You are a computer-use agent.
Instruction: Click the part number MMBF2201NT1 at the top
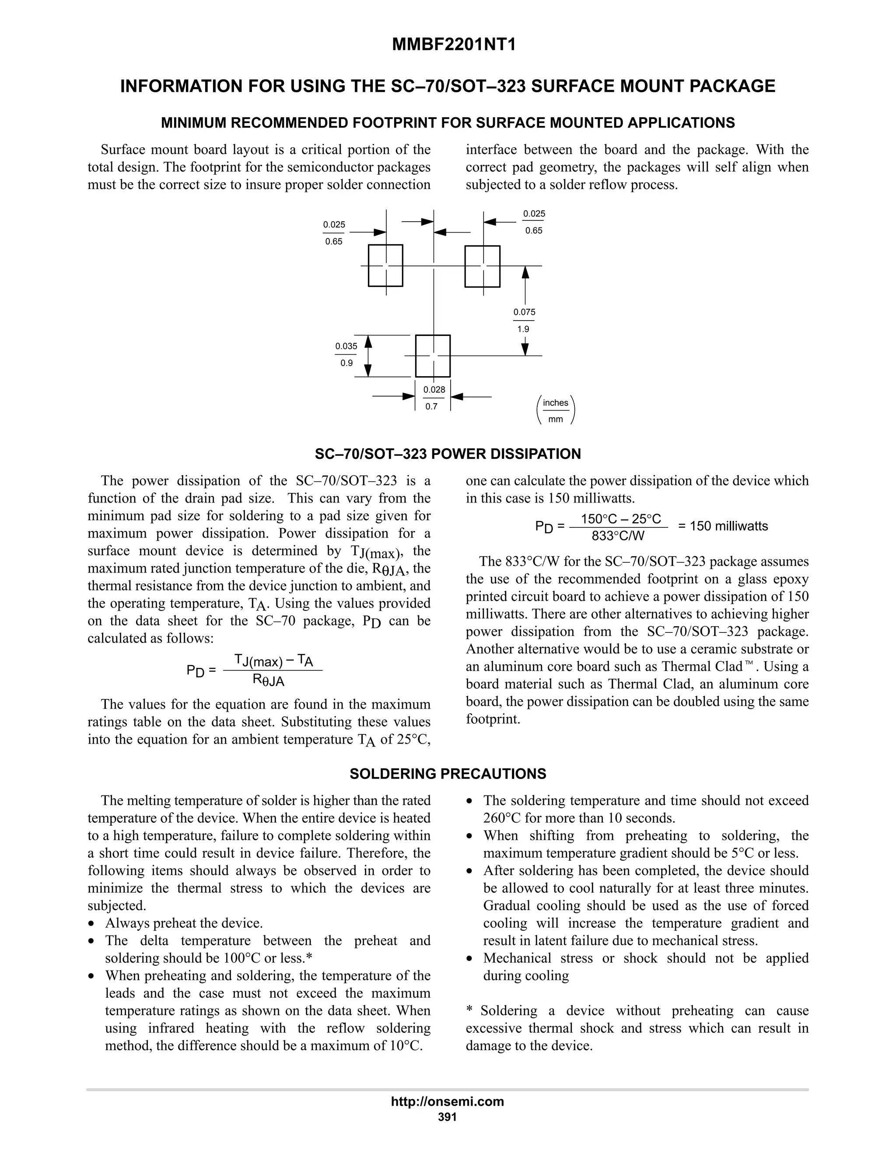point(454,45)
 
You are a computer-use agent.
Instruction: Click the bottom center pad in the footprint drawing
point(433,356)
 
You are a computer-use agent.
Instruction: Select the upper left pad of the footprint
point(385,265)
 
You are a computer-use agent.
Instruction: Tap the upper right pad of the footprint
point(482,266)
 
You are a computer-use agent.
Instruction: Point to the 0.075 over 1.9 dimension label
point(524,321)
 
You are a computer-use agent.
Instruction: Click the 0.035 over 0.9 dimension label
point(346,355)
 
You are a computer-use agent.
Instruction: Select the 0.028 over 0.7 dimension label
point(434,398)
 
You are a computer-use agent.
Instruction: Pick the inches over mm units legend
point(555,411)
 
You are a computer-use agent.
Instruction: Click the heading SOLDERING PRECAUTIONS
point(448,774)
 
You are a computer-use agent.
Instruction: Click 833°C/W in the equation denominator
point(618,536)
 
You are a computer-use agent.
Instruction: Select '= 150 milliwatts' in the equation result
point(723,526)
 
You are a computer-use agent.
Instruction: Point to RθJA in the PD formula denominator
point(269,681)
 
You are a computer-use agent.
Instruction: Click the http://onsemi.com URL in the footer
point(448,1102)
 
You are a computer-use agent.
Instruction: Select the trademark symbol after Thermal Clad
point(749,664)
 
